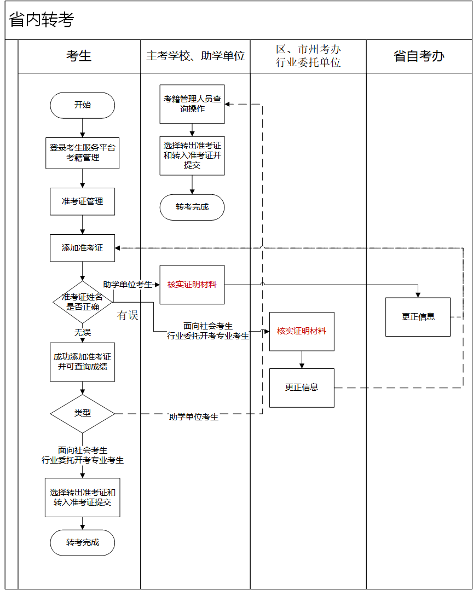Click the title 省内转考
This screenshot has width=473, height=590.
click(42, 20)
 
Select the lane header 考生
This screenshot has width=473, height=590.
click(79, 56)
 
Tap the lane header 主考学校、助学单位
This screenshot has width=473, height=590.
click(195, 56)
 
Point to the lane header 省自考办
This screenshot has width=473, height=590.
click(419, 56)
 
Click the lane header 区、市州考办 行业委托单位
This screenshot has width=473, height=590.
click(308, 56)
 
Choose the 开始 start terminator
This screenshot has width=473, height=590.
click(82, 105)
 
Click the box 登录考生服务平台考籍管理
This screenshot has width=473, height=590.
click(82, 153)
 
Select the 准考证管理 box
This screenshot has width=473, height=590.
click(82, 201)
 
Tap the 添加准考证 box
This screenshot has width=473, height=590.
click(82, 248)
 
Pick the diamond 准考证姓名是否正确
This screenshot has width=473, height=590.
click(82, 302)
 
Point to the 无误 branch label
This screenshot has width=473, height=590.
click(83, 332)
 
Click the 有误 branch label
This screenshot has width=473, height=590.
click(128, 316)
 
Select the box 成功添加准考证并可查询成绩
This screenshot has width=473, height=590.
click(82, 362)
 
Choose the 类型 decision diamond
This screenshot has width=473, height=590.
click(82, 413)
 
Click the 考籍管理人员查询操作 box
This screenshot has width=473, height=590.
click(192, 104)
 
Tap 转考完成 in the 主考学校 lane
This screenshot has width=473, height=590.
click(192, 207)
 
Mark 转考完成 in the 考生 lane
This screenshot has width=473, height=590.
click(83, 542)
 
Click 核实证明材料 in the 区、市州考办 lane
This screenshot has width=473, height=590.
click(302, 331)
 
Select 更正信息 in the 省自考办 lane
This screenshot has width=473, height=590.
click(418, 316)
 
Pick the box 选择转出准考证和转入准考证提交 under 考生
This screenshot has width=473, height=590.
click(82, 497)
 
